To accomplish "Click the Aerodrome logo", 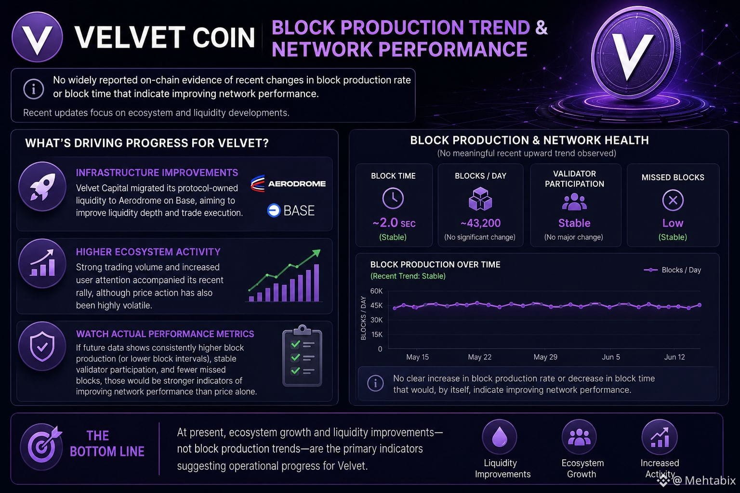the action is pyautogui.click(x=288, y=183).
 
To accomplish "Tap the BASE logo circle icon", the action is pyautogui.click(x=274, y=210).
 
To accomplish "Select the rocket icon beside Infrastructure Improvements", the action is pyautogui.click(x=42, y=187).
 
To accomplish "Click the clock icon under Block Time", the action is pyautogui.click(x=393, y=198).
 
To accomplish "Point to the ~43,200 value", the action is pyautogui.click(x=480, y=223).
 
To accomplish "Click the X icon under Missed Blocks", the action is pyautogui.click(x=673, y=200).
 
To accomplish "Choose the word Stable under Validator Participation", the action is pyautogui.click(x=574, y=223).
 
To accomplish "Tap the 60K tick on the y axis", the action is pyautogui.click(x=376, y=291).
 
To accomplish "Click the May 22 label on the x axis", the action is pyautogui.click(x=480, y=357).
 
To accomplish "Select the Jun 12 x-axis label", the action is pyautogui.click(x=674, y=357).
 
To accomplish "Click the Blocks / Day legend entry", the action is pyautogui.click(x=673, y=270).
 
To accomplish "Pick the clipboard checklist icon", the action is pyautogui.click(x=302, y=356).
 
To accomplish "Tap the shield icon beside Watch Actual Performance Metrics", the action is pyautogui.click(x=42, y=346).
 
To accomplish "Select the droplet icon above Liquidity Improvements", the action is pyautogui.click(x=499, y=437).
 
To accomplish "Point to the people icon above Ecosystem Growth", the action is pyautogui.click(x=579, y=437).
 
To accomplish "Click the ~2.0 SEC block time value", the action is pyautogui.click(x=394, y=223).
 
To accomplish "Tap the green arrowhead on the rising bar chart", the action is pyautogui.click(x=317, y=253).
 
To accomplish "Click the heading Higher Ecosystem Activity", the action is pyautogui.click(x=148, y=252).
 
